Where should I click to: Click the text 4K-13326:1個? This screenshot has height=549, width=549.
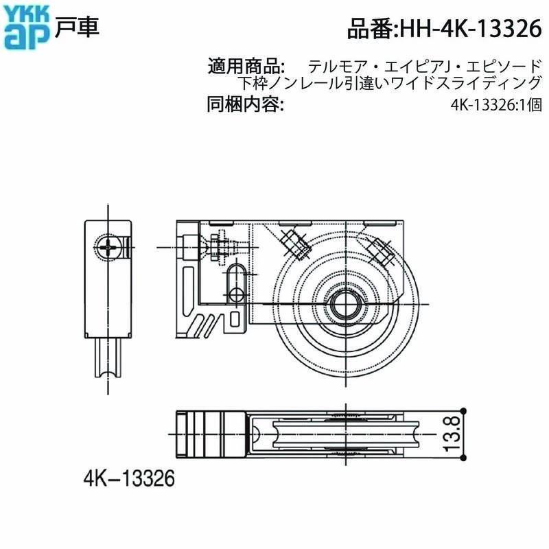tap(497, 106)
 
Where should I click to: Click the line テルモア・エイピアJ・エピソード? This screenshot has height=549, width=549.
tap(425, 67)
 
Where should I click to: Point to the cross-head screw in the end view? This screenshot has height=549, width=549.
tap(110, 247)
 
